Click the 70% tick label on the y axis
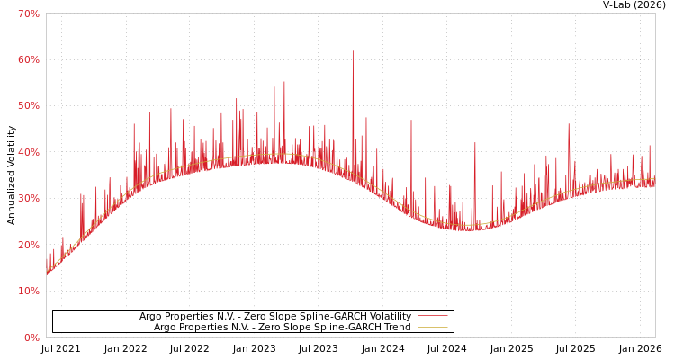(29, 13)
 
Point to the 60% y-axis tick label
(29, 59)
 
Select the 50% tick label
(29, 105)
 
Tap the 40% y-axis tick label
(29, 152)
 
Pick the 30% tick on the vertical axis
(29, 198)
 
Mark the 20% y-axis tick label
(29, 245)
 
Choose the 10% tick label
(29, 291)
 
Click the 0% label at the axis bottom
(31, 337)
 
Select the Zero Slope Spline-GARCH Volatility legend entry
(274, 316)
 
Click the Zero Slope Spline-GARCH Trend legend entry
(282, 327)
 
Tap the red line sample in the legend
(432, 316)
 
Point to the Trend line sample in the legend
(432, 328)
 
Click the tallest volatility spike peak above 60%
(353, 51)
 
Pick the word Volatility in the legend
(389, 316)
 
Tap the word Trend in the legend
(397, 327)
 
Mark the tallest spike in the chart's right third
(569, 124)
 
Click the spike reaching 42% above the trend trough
(475, 143)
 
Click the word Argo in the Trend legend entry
(166, 327)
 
